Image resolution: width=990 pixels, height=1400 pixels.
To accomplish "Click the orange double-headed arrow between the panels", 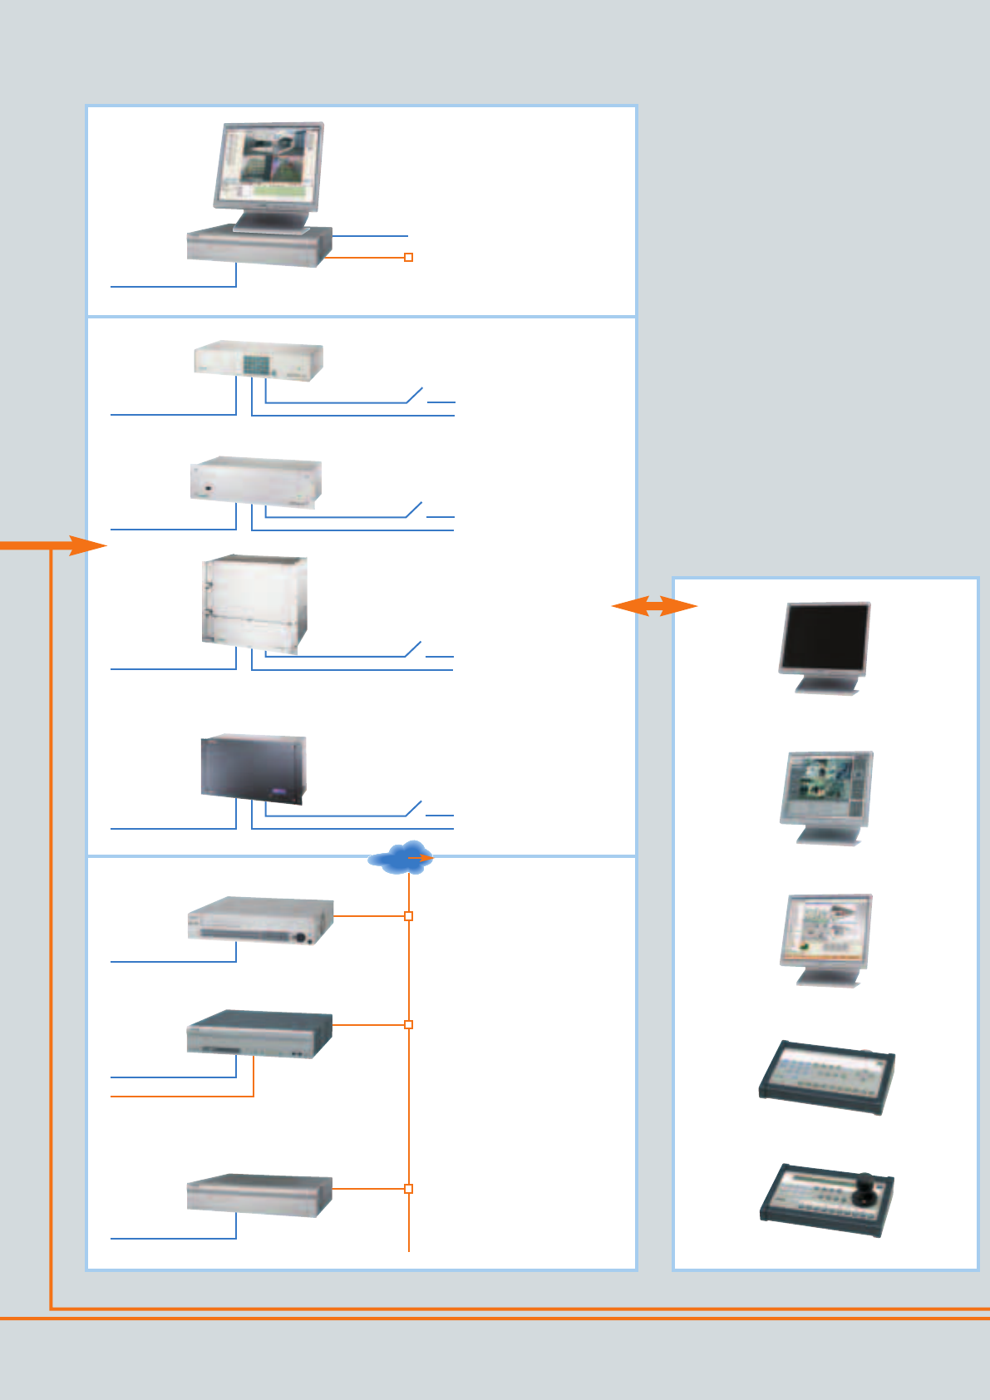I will tap(654, 606).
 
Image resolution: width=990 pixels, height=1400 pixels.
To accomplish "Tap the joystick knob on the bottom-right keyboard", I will tap(867, 1185).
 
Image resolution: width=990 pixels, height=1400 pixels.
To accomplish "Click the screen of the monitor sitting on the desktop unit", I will tap(268, 165).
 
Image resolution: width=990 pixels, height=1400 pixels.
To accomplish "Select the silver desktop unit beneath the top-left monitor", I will tap(259, 247).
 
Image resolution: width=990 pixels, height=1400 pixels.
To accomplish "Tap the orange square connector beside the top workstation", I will tap(408, 258).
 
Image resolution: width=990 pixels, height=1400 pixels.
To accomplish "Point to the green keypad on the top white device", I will tap(255, 363).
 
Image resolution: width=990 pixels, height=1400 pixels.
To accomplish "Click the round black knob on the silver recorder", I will tap(302, 937).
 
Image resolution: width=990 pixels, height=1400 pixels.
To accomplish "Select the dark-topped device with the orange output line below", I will tap(259, 1034).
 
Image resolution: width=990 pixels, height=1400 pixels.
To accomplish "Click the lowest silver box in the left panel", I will tap(259, 1195).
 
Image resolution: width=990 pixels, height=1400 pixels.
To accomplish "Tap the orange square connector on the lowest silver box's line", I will tap(408, 1189).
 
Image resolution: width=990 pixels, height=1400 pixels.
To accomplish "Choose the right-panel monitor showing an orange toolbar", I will tap(825, 932).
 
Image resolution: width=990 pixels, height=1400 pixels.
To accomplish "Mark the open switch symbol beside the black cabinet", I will tap(414, 809).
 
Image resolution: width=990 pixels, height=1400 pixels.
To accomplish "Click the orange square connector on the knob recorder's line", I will tap(408, 916).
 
